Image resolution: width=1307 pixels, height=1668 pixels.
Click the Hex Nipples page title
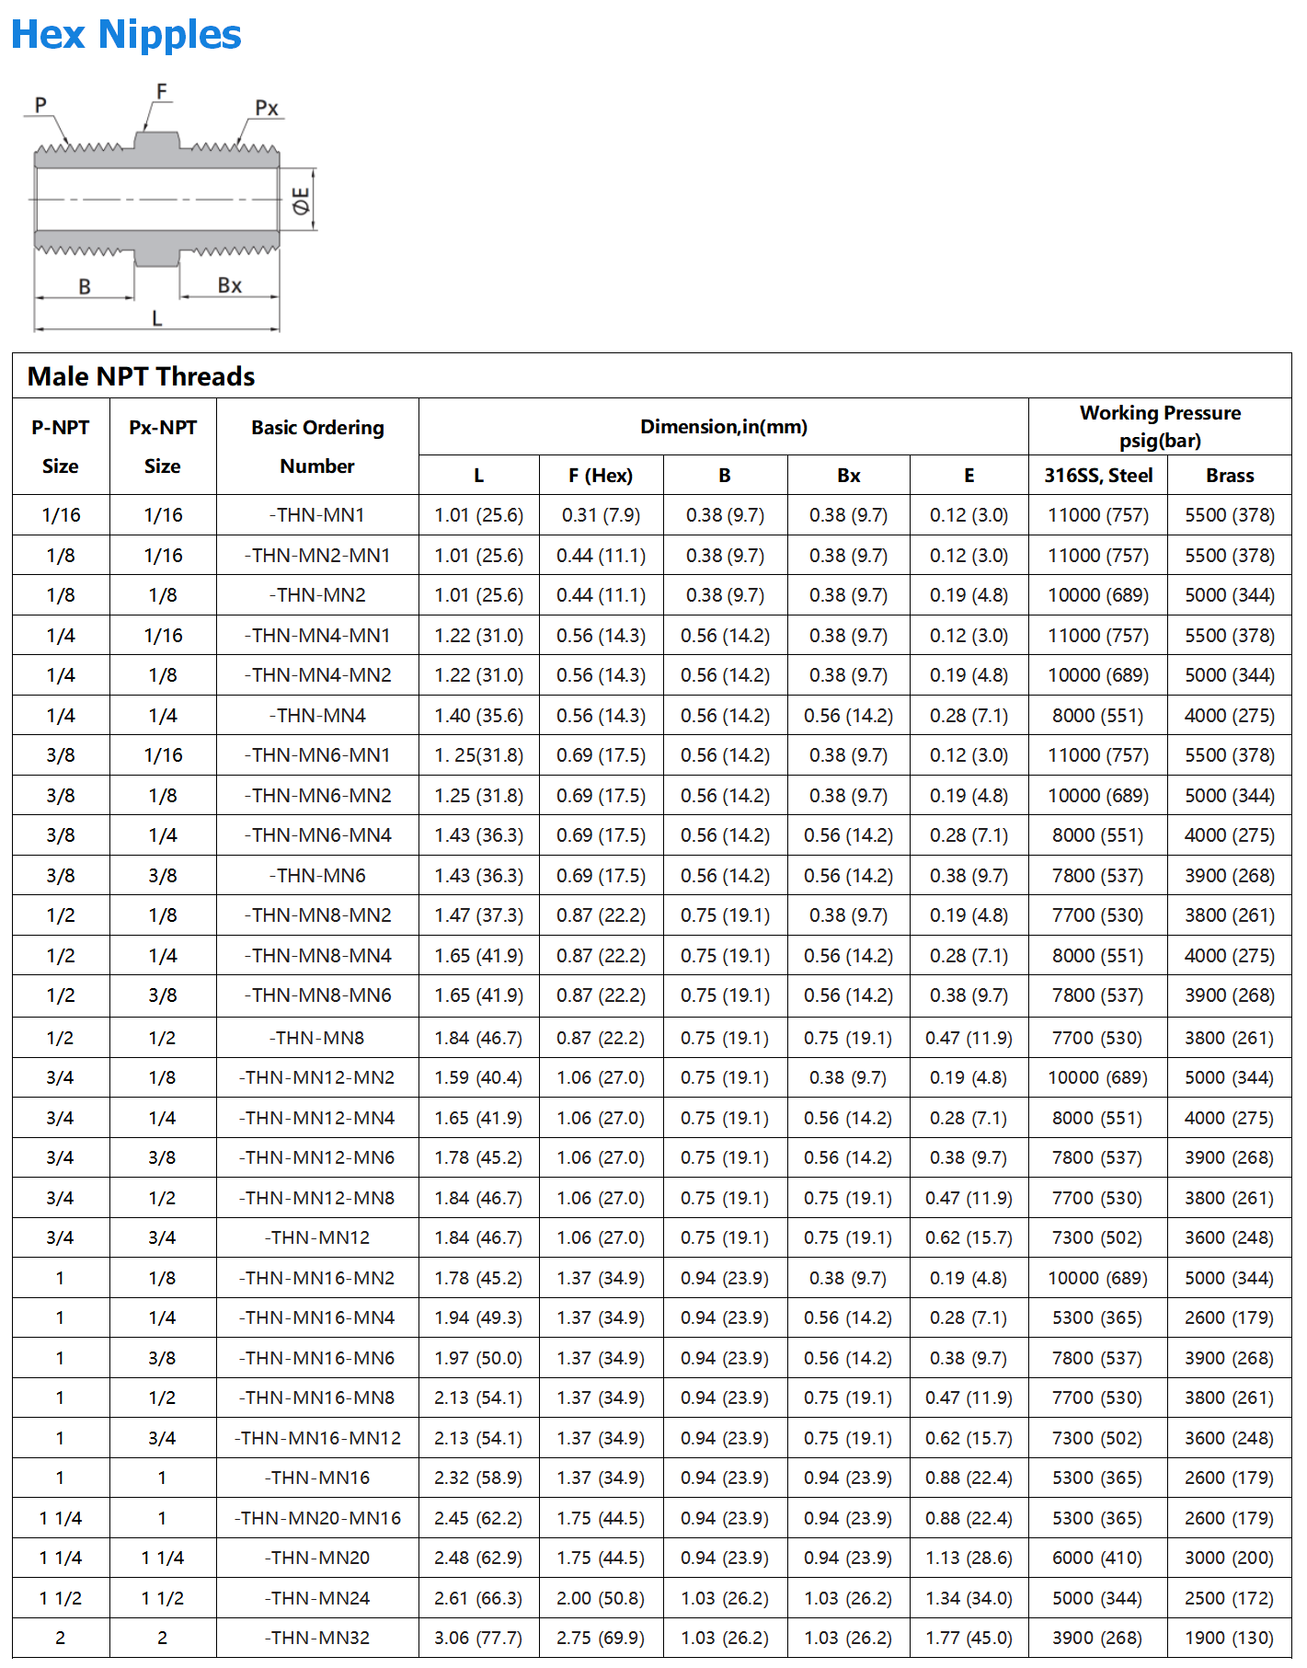pos(126,35)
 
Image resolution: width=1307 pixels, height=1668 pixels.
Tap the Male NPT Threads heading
pos(141,376)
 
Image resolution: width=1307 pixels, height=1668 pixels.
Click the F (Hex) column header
pos(600,476)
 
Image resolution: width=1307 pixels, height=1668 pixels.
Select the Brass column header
pos(1229,476)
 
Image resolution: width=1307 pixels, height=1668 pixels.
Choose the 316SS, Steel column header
pos(1097,476)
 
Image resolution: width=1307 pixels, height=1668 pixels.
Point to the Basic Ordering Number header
pos(317,446)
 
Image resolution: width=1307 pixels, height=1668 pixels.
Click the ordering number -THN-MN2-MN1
pos(317,556)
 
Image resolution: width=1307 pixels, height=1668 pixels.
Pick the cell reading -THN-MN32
pos(317,1638)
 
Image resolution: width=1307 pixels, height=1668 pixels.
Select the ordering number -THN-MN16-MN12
pos(317,1438)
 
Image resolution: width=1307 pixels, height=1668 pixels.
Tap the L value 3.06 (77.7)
pos(478,1638)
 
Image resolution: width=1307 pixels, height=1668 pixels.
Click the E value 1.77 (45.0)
pos(969,1638)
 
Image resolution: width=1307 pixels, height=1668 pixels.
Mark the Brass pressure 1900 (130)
pos(1229,1638)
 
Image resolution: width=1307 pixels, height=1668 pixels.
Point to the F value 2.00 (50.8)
pos(600,1598)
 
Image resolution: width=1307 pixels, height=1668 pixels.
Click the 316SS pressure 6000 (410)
pos(1097,1558)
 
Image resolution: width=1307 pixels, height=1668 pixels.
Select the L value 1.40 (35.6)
pos(478,716)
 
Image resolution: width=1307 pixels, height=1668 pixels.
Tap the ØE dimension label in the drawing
pos(301,201)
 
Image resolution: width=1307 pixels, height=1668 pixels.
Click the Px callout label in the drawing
pos(267,109)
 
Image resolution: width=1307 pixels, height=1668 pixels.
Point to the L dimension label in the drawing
pos(157,318)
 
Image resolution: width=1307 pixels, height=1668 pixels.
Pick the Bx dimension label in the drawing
pos(230,286)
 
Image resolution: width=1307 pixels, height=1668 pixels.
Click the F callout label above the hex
pos(162,92)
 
